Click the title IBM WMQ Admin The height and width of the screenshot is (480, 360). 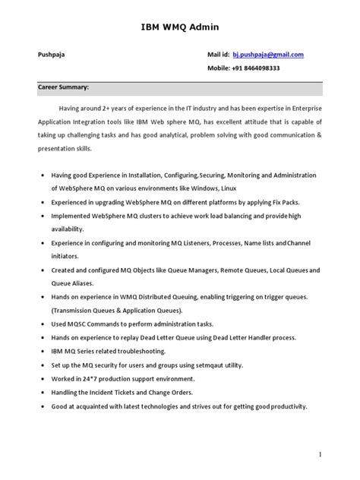pos(180,27)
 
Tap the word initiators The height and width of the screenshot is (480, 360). pos(68,257)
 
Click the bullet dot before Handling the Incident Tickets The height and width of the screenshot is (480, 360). pos(40,393)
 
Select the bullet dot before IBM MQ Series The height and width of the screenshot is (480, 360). pos(40,352)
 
